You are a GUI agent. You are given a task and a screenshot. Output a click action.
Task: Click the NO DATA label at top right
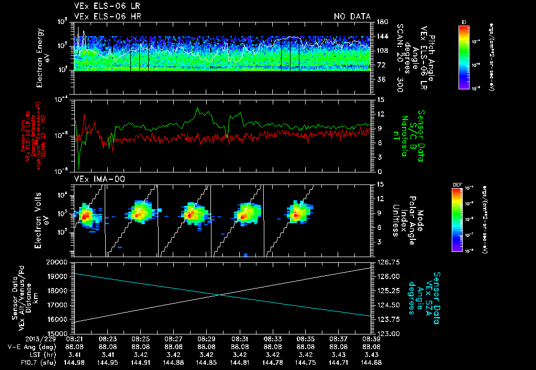[352, 16]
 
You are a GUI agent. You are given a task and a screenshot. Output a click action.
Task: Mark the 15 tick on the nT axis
[379, 99]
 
